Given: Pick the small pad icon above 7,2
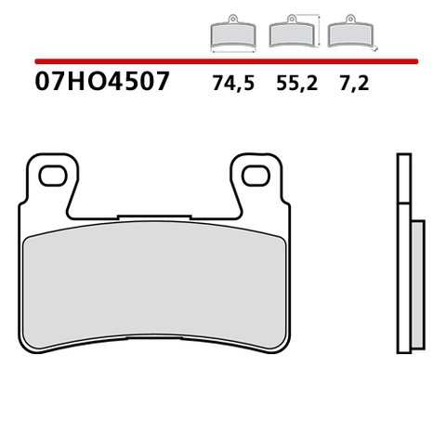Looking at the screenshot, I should coord(350,34).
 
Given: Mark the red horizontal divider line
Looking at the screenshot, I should coord(223,61).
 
